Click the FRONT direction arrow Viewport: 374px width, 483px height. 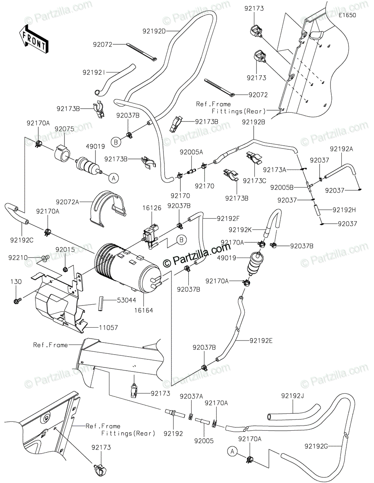pos(33,39)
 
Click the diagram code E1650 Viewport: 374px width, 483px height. pos(347,15)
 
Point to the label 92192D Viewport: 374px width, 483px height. pos(154,31)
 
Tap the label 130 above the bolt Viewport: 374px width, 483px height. pos(16,282)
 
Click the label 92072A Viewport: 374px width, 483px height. pos(67,202)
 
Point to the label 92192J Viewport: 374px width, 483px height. pos(292,396)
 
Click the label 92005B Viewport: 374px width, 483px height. pos(282,188)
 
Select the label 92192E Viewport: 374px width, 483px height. pos(261,341)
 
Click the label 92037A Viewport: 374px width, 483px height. pos(191,396)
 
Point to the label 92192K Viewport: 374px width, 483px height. pos(240,230)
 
